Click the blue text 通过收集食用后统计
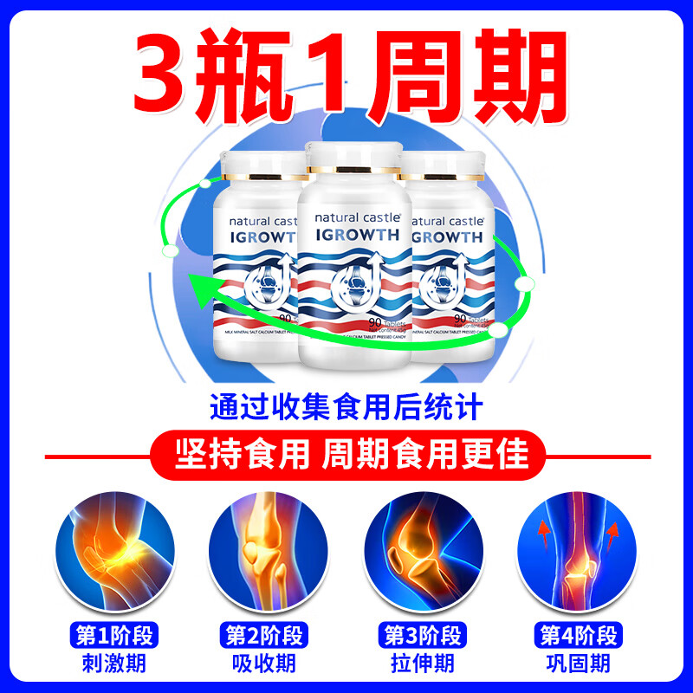pos(346,407)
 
